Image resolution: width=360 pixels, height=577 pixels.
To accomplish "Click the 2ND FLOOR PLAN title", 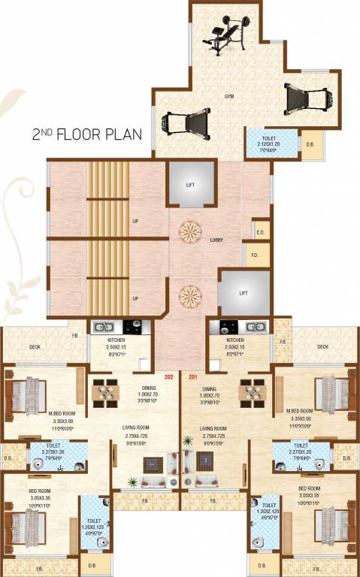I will click(91, 134).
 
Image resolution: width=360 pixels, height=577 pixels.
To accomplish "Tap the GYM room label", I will click(228, 97).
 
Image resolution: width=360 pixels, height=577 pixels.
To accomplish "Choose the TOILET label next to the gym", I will click(268, 137).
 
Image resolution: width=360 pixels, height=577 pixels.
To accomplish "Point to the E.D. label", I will click(260, 231).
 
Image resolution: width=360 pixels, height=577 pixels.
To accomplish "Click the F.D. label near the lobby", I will click(255, 255).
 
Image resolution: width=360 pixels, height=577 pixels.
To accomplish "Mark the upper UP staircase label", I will click(135, 222).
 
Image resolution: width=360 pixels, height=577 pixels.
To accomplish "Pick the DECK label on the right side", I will click(322, 346).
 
